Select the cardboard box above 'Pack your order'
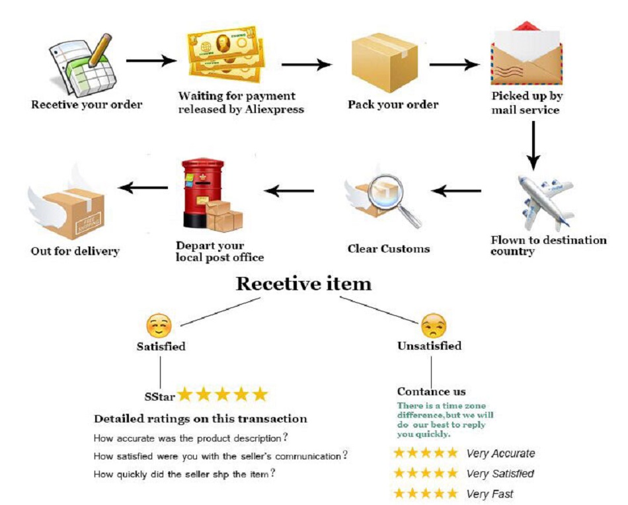383,62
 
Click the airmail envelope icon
526,56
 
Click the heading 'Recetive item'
303,284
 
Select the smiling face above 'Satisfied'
159,326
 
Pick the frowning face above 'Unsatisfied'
433,326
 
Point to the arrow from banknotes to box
306,65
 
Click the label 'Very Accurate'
500,453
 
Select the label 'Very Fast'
489,494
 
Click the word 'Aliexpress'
274,109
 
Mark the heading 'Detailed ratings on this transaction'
200,418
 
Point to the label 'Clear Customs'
389,249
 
